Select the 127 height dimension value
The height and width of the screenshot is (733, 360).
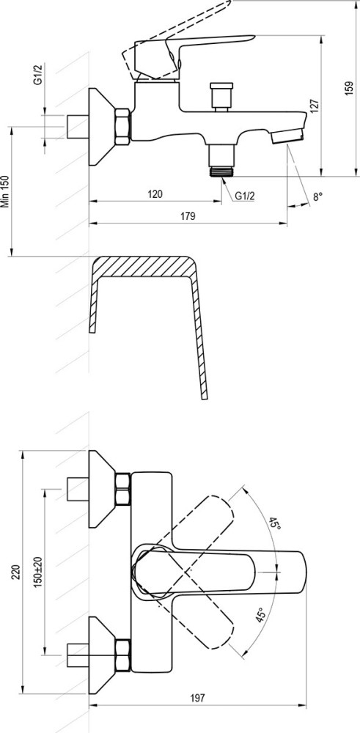pos(314,106)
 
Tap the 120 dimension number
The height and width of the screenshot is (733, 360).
pos(155,194)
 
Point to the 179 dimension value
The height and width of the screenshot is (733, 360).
pos(188,216)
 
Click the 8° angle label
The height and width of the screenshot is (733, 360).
pos(318,196)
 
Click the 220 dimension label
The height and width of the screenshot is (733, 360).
pos(15,572)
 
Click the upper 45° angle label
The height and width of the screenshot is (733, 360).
pos(274,523)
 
